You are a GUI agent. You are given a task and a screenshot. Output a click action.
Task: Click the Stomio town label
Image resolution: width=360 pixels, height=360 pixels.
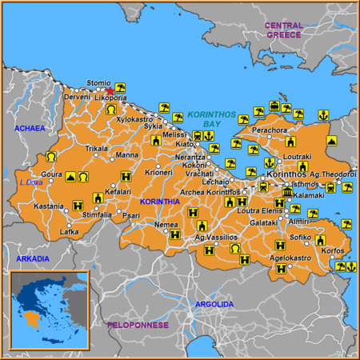point(98,82)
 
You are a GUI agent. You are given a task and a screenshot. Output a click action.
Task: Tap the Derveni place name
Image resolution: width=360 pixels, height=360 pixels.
point(78,97)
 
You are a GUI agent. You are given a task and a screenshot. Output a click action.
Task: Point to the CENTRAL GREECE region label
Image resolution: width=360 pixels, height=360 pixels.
point(284,30)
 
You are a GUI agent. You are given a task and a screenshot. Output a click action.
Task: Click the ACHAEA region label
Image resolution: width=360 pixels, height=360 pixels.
point(28,128)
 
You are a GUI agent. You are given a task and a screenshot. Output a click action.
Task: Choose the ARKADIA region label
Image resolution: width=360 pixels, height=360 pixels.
point(33,258)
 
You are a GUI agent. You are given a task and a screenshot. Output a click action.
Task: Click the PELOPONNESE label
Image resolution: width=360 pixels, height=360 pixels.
point(138,325)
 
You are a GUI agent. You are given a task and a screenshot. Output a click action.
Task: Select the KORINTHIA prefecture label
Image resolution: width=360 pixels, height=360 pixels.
point(159,202)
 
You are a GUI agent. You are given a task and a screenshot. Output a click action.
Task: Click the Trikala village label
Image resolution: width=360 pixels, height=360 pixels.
point(97,149)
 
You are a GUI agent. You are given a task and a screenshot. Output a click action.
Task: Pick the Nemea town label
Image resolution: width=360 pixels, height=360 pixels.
point(166,225)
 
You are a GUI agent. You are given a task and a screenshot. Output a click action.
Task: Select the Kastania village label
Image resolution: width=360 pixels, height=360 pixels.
point(48,206)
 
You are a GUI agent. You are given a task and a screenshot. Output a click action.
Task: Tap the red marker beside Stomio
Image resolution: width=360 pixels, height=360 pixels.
point(110,90)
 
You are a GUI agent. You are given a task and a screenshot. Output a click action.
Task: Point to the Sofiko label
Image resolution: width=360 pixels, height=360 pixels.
point(300,238)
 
